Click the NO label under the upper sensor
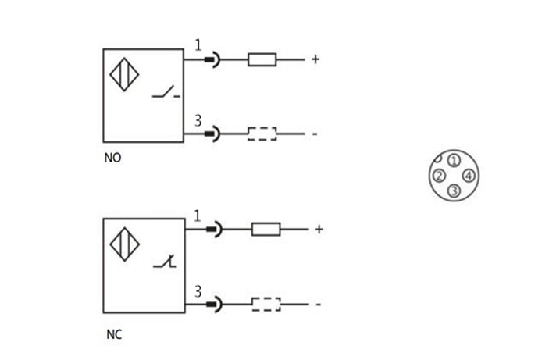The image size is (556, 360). [x=113, y=157]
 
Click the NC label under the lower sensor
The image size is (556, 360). [x=113, y=336]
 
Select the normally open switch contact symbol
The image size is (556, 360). [x=165, y=94]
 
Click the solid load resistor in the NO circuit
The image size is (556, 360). [x=262, y=59]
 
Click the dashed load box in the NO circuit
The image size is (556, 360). [x=262, y=134]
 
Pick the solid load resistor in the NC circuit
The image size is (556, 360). [x=266, y=229]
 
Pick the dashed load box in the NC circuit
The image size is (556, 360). [x=266, y=304]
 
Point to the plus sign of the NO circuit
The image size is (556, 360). [x=315, y=59]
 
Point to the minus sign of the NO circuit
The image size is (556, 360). [x=315, y=134]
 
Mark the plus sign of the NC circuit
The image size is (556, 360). [x=318, y=230]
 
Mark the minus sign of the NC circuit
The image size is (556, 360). [x=318, y=305]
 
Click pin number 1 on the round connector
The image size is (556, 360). [x=453, y=161]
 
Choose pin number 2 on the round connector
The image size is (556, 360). [x=440, y=176]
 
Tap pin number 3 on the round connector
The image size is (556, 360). [x=454, y=190]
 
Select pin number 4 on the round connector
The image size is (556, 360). [x=467, y=176]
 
